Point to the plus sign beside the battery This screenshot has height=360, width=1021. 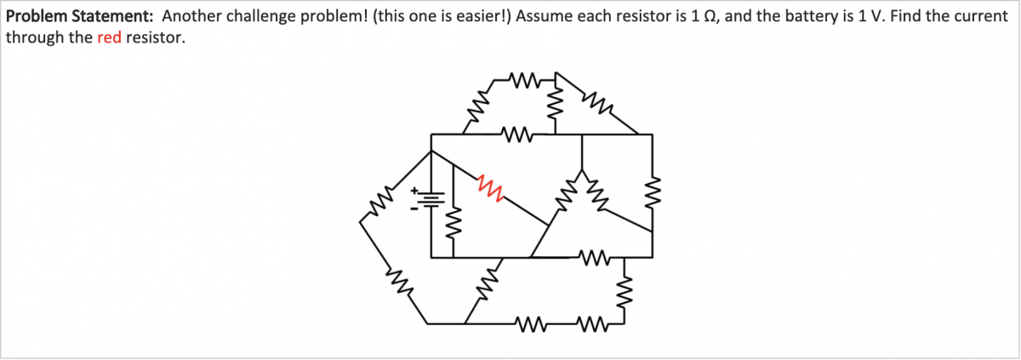coord(416,190)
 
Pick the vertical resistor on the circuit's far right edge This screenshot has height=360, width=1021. coord(653,196)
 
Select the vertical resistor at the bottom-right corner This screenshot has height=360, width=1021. coord(627,290)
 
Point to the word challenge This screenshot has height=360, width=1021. coord(258,15)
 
